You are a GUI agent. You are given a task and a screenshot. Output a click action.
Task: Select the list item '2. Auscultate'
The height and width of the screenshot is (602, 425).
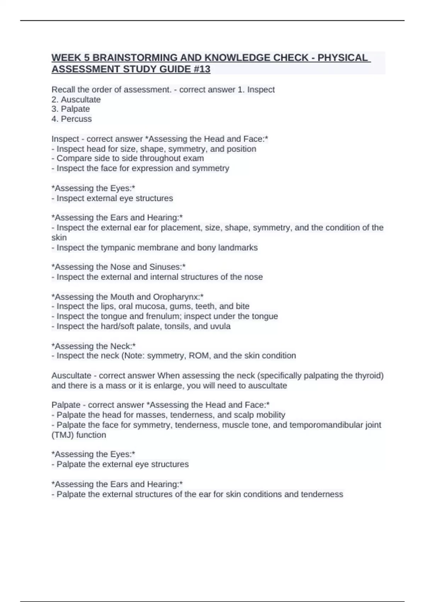76,100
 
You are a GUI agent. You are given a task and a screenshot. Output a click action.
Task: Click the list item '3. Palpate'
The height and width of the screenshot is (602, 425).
71,109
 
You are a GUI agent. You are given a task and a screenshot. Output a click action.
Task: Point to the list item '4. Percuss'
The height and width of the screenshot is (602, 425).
72,119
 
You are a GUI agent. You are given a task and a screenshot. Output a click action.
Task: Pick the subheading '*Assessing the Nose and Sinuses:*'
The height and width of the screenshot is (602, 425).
119,267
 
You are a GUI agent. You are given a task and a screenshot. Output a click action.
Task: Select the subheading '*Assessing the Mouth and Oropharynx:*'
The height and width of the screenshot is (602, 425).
127,297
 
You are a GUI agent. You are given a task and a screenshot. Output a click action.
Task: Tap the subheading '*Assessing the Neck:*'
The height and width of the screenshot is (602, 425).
93,346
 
